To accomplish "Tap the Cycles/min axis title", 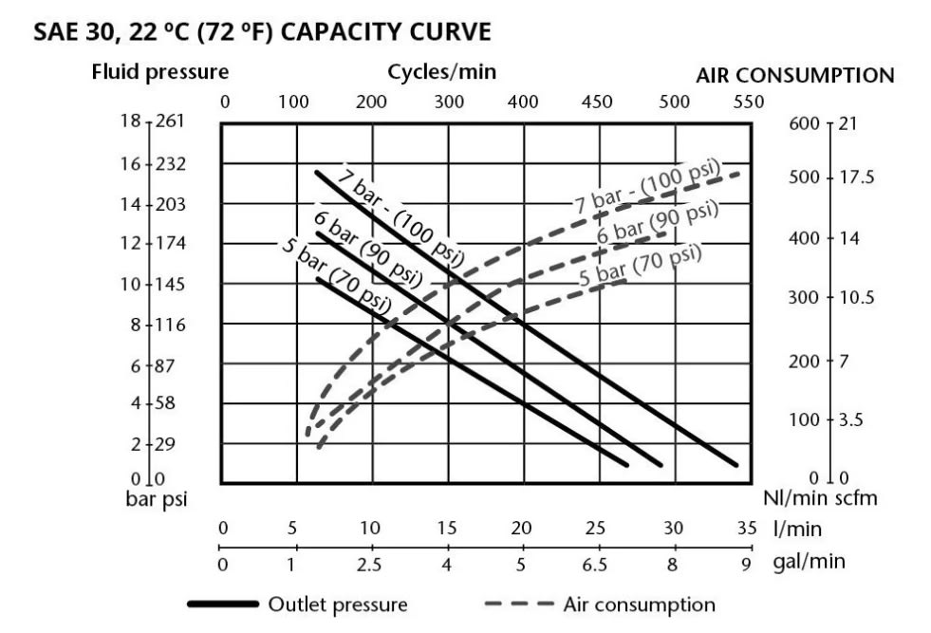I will coord(441,72).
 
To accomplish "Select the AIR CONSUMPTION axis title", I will coord(795,76).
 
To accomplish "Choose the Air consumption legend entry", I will coord(602,605).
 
